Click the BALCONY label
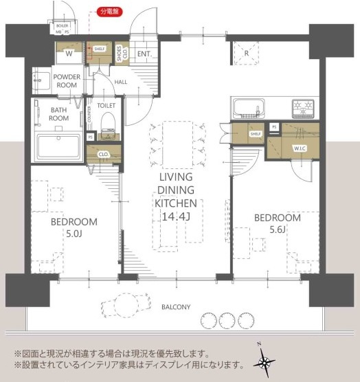point(177,307)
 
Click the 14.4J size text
point(175,216)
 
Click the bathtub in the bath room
point(58,146)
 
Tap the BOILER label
point(63,24)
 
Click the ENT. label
point(144,54)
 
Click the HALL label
point(121,82)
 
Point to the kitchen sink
point(248,108)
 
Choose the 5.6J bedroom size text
point(277,229)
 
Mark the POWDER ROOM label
point(67,80)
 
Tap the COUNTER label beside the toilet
point(89,114)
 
